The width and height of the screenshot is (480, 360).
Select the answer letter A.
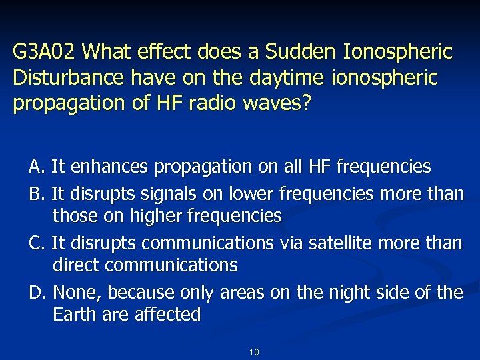coord(35,165)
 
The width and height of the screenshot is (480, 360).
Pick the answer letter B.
coord(35,194)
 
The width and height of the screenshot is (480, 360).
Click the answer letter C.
coord(35,243)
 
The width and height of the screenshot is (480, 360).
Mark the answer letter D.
coord(36,293)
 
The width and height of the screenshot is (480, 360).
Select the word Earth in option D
coord(75,315)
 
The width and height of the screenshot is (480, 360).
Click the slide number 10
coord(253,352)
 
